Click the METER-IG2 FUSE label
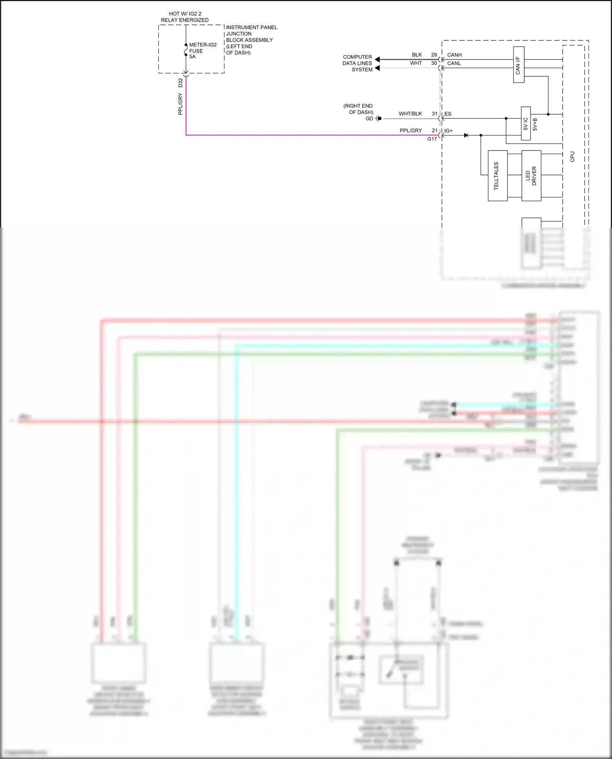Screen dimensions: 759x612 202,51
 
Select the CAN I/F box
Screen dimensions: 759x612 519,65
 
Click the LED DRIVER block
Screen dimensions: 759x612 531,176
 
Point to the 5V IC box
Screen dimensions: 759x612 526,124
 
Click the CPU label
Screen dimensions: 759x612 572,157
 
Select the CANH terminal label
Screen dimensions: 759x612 454,55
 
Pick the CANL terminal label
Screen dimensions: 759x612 454,63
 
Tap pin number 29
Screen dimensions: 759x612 434,55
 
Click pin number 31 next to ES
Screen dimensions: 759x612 435,114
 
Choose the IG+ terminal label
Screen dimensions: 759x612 448,131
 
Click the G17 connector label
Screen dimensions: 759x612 432,139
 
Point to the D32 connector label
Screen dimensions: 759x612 180,83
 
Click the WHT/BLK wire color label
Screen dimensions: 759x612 410,114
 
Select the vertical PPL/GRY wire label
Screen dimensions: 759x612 180,104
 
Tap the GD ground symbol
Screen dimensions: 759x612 378,119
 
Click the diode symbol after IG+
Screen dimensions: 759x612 466,135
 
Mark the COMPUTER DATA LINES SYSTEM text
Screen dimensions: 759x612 357,63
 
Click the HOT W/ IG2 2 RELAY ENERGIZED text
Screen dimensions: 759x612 185,17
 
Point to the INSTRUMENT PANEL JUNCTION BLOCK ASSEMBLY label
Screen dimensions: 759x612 251,40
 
